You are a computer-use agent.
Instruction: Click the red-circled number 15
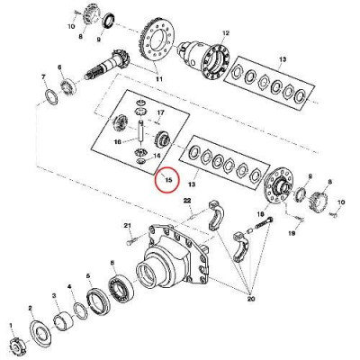pyautogui.click(x=164, y=180)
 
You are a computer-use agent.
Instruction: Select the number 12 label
pyautogui.click(x=226, y=33)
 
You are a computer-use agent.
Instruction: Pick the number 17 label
pyautogui.click(x=161, y=112)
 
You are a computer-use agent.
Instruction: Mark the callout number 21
pyautogui.click(x=128, y=225)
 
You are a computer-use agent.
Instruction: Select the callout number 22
pyautogui.click(x=188, y=199)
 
